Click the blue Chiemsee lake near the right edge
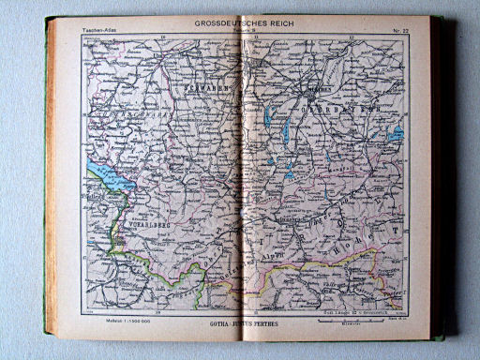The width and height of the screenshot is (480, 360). [x=397, y=134]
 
